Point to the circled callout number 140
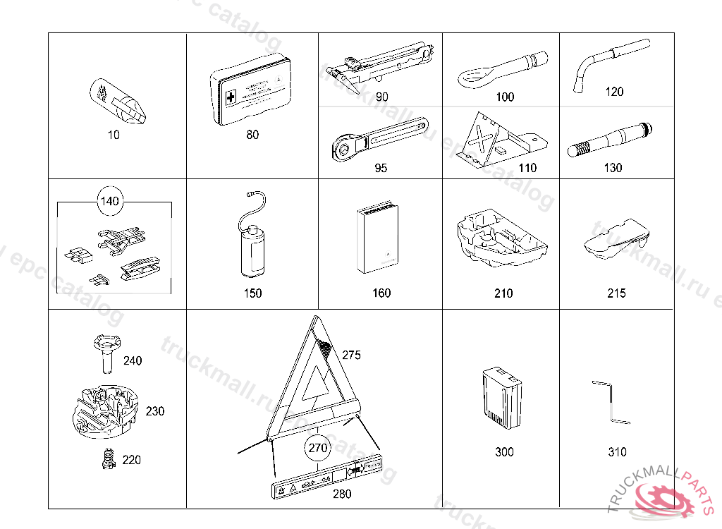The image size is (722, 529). point(110,202)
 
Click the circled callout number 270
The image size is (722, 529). point(318,447)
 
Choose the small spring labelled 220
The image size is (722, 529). point(108,459)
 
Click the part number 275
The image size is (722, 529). point(351,355)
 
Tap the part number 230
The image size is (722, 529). point(154,411)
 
